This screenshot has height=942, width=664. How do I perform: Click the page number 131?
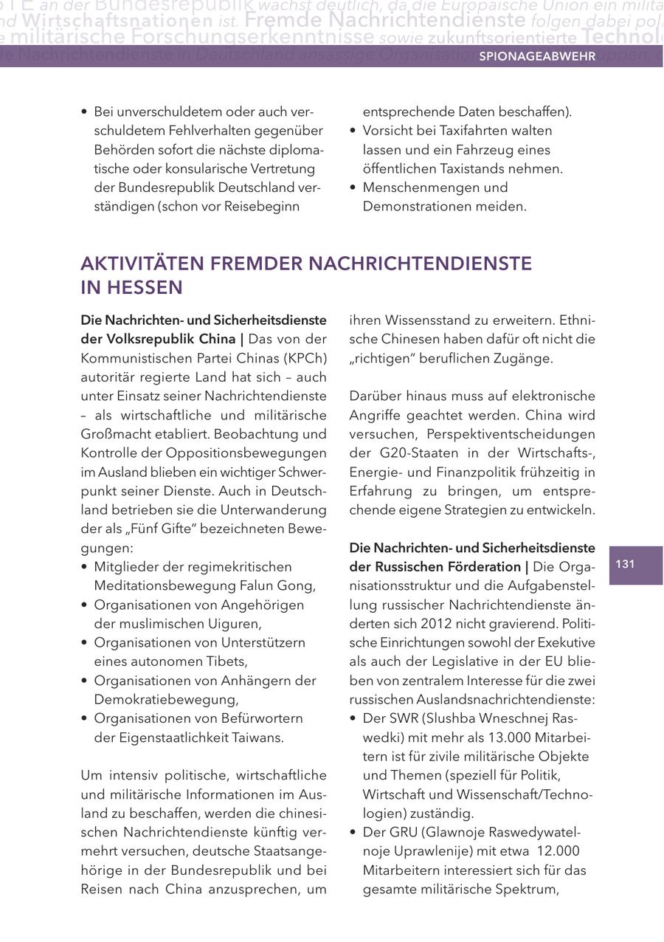pos(625,565)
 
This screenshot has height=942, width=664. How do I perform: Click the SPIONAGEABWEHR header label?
pos(537,56)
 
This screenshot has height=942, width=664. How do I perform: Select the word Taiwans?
pos(252,738)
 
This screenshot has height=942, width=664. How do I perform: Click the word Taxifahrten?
pos(443,131)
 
